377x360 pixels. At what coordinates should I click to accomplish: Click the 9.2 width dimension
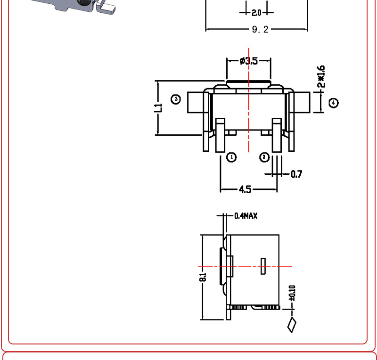[x=260, y=29]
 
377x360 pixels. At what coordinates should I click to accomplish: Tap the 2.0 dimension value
[x=256, y=13]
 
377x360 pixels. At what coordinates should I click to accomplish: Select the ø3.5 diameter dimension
[x=249, y=61]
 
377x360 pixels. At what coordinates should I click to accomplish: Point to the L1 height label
[x=158, y=108]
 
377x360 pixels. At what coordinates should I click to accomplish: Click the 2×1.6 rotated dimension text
[x=321, y=76]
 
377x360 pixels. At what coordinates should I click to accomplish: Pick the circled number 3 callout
[x=176, y=99]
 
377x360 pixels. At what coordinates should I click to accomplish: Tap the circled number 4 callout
[x=334, y=103]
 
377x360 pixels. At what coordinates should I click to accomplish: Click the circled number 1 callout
[x=231, y=157]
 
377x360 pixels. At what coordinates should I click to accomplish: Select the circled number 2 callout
[x=264, y=157]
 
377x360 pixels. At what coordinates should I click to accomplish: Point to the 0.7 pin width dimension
[x=296, y=174]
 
